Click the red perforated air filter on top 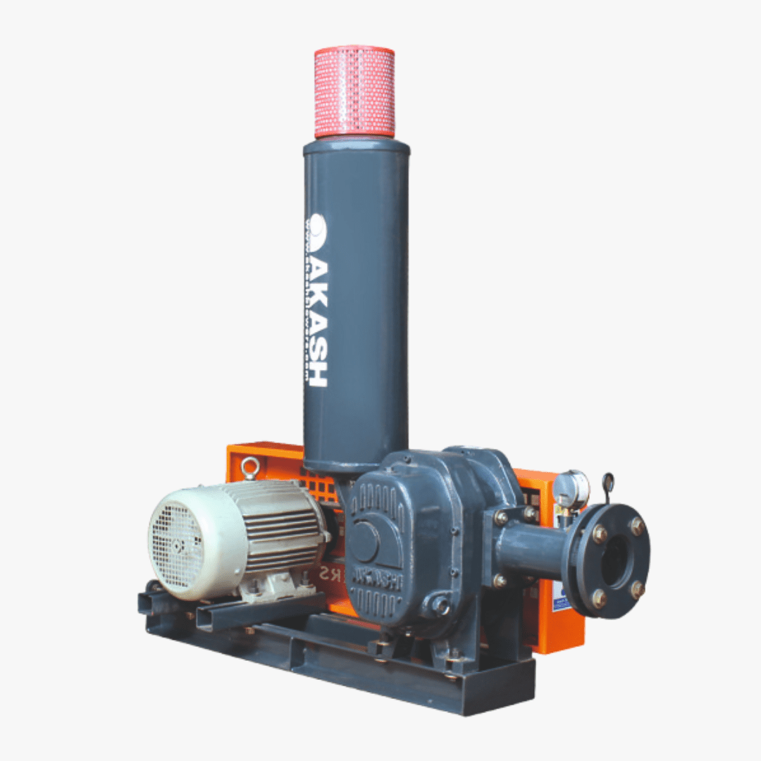354,92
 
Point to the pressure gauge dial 570,488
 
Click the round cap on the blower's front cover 365,542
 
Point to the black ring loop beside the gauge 607,483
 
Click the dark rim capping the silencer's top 357,146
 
